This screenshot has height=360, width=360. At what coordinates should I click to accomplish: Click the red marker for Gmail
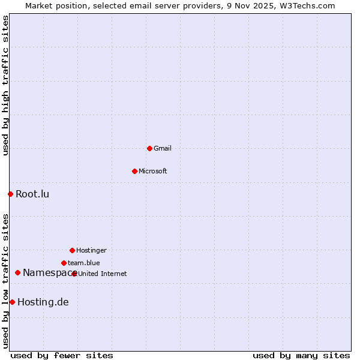click(x=149, y=148)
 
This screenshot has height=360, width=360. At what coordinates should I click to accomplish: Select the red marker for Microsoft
click(x=134, y=171)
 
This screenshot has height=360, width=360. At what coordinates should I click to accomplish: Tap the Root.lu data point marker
click(x=10, y=194)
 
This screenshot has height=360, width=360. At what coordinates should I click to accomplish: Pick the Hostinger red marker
click(x=72, y=250)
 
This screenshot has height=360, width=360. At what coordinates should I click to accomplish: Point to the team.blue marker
click(x=64, y=263)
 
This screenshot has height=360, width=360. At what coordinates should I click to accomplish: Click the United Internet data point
click(x=74, y=274)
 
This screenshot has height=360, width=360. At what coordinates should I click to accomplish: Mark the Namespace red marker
click(x=17, y=272)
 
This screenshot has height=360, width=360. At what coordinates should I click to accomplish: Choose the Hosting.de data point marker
click(x=12, y=302)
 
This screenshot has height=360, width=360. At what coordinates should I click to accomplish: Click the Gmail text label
click(x=163, y=148)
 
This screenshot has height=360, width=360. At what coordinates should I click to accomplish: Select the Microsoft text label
click(x=153, y=171)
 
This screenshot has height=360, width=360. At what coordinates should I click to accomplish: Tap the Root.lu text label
click(x=32, y=194)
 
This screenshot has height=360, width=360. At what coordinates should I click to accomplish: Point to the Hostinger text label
click(x=91, y=250)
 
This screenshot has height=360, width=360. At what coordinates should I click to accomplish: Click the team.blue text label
click(x=84, y=263)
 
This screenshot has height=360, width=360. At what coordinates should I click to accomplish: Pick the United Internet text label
click(x=103, y=274)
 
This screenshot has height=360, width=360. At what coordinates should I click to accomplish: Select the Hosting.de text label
click(x=43, y=302)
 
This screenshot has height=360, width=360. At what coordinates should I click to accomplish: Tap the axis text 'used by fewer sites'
click(x=62, y=355)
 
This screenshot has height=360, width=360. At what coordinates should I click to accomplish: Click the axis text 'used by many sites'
click(x=301, y=355)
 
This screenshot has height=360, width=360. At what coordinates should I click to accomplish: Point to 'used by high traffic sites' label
click(x=5, y=85)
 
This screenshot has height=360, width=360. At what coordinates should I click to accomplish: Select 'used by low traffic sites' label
click(x=5, y=281)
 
